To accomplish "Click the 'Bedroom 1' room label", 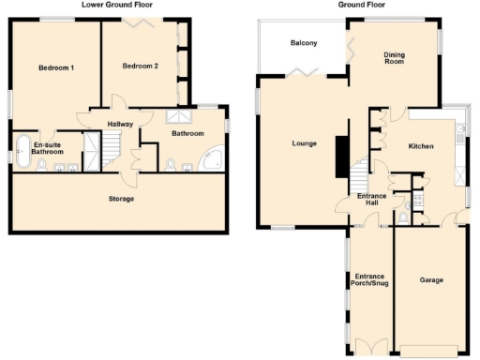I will click(56, 67).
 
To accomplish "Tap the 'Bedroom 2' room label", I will click(140, 66).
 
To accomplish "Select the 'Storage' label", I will click(120, 199).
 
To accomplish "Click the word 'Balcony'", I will click(303, 43).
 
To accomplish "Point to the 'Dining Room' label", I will click(395, 59).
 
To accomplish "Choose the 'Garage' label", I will click(430, 280).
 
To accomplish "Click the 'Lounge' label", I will click(304, 143).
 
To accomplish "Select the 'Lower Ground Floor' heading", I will click(117, 5).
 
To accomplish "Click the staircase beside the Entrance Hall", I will click(361, 173).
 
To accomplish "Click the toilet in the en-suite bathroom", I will click(42, 167).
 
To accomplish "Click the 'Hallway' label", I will click(119, 124).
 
